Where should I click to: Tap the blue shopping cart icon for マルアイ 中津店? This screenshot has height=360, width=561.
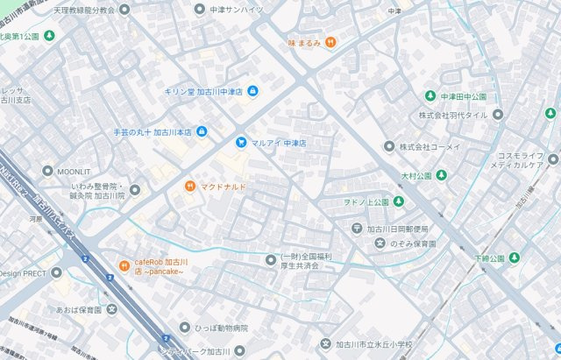[240, 142]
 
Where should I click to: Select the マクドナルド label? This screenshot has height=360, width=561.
[223, 187]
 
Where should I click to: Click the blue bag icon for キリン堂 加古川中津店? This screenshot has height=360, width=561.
[252, 91]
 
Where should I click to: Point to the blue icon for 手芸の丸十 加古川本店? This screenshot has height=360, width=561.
[202, 132]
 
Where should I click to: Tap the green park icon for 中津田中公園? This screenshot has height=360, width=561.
[430, 95]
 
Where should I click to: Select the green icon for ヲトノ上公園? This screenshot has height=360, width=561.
[397, 202]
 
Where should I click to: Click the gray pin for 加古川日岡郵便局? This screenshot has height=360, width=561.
[357, 229]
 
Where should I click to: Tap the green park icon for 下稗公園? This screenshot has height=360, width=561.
[515, 258]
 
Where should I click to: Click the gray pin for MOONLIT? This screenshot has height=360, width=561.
[47, 171]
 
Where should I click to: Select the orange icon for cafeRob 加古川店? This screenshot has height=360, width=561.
[124, 265]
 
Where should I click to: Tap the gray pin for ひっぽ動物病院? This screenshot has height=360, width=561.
[184, 328]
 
